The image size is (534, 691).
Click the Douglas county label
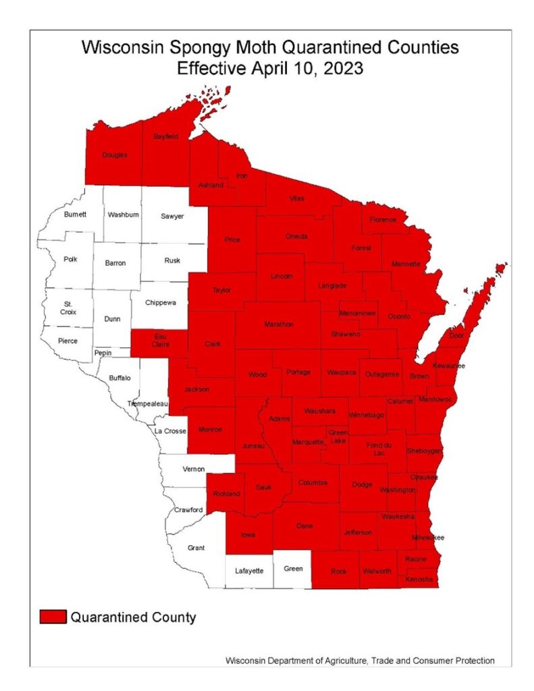(114, 155)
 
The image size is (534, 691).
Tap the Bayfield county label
(165, 136)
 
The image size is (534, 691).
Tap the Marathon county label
(279, 325)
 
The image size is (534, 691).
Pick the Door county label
(458, 335)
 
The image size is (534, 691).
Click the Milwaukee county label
(428, 537)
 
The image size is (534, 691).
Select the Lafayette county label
(248, 571)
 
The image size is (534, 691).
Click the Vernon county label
(194, 468)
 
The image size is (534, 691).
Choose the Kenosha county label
(419, 580)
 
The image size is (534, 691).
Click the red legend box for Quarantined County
(53, 617)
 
